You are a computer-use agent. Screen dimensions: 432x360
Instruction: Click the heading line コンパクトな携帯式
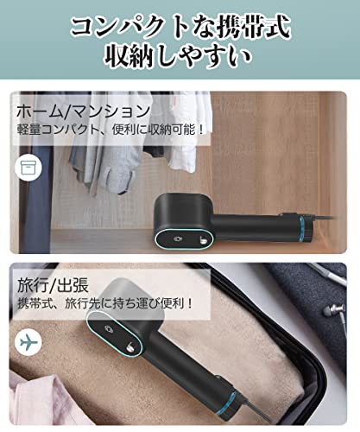(x=180, y=25)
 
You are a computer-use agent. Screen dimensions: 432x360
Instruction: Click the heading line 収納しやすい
(x=180, y=59)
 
